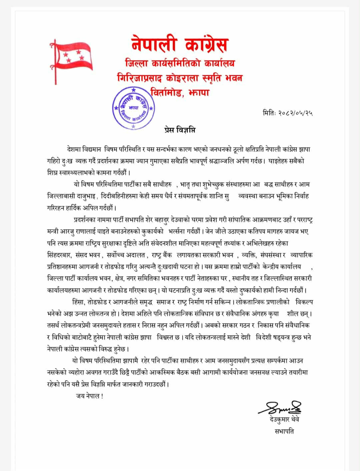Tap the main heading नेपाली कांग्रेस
(180, 44)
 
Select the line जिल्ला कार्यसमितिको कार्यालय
(180, 63)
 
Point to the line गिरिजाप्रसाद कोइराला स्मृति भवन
(180, 78)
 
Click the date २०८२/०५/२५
(295, 113)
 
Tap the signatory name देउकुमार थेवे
(284, 419)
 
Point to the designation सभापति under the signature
(284, 431)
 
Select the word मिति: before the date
(269, 113)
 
